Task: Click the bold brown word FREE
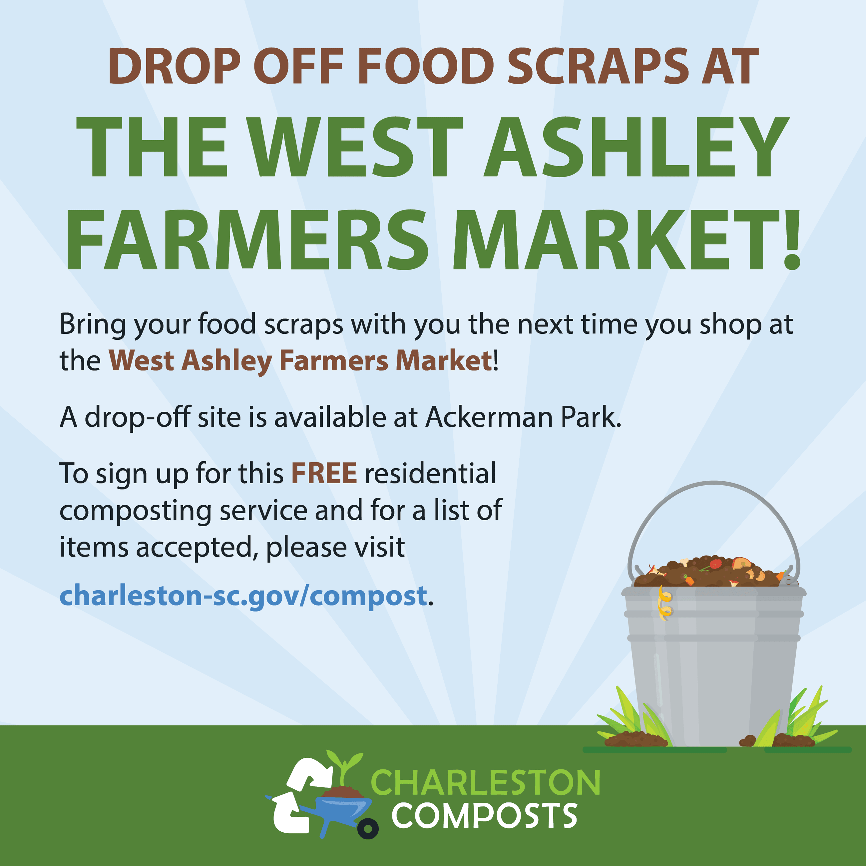click(x=324, y=473)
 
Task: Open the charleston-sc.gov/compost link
click(x=243, y=596)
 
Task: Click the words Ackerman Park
click(x=523, y=417)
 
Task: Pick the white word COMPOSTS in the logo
click(x=485, y=816)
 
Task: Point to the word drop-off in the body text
click(x=138, y=417)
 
